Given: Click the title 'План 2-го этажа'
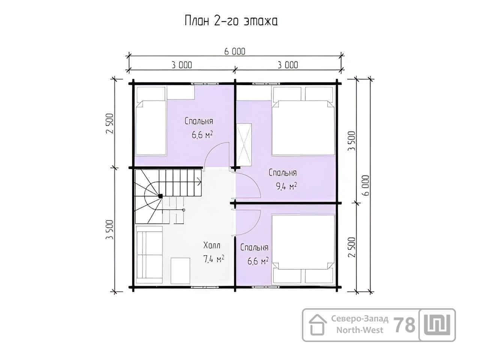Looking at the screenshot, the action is (x=231, y=21).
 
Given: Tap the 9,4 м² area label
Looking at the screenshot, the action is (x=286, y=186).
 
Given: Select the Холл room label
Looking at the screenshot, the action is (x=212, y=245).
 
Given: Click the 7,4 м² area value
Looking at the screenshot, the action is (x=214, y=259).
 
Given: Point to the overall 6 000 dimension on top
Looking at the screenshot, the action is (x=235, y=52).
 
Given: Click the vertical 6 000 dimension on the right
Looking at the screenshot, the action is (x=365, y=185).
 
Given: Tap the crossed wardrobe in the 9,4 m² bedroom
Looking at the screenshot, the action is (x=244, y=145).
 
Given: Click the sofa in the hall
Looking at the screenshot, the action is (x=150, y=255).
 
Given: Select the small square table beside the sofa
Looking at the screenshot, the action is (x=180, y=271).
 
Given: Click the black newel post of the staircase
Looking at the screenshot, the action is (x=160, y=196).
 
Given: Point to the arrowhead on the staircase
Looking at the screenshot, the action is (x=199, y=181).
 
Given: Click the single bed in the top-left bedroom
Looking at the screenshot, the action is (x=151, y=121).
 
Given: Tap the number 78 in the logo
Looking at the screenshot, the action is (x=405, y=325).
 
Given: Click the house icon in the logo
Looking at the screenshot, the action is (x=318, y=325).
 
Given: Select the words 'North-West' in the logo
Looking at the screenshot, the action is (x=360, y=330).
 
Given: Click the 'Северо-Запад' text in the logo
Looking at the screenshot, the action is (x=360, y=319).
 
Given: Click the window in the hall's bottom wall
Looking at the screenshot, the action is (x=205, y=287).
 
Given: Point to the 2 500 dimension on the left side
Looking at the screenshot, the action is (x=110, y=123).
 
